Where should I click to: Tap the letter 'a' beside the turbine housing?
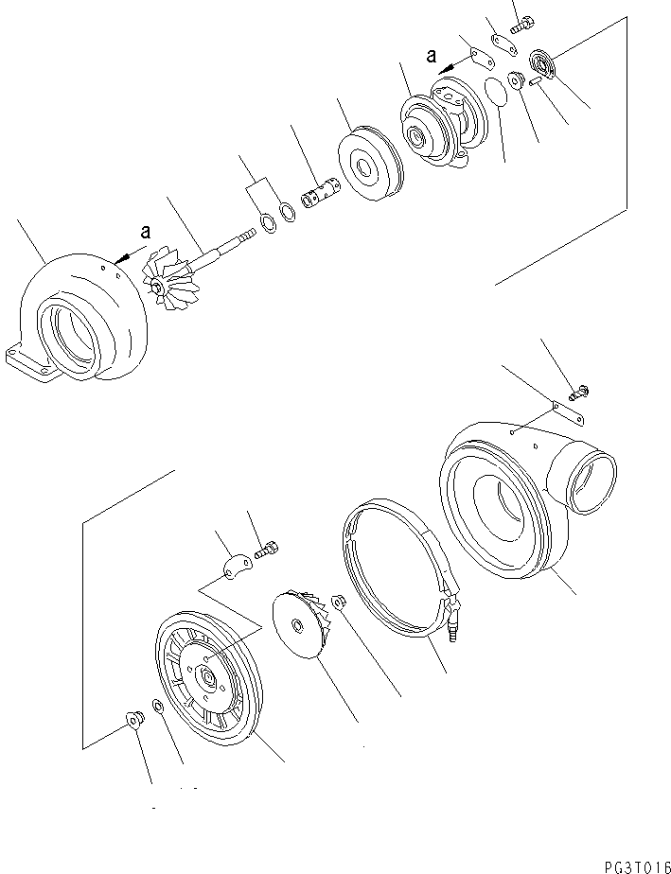click(x=144, y=230)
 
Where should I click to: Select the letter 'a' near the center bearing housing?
click(x=433, y=56)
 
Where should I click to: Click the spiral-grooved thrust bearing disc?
click(x=545, y=64)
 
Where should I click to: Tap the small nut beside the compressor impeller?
click(x=339, y=600)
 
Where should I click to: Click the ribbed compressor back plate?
click(x=203, y=673)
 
